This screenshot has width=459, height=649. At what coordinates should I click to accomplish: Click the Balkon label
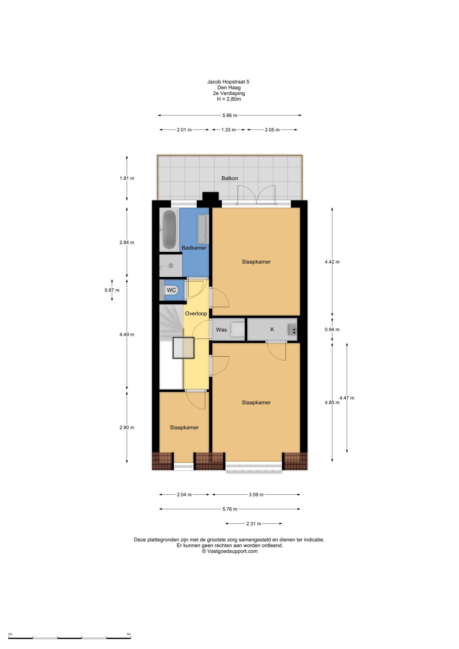(229, 178)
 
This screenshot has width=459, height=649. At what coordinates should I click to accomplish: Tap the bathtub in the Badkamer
(170, 229)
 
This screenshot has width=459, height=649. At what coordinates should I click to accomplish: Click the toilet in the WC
(171, 290)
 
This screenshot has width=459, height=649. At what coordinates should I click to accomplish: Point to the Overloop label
(196, 313)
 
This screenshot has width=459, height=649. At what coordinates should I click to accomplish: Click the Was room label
(221, 330)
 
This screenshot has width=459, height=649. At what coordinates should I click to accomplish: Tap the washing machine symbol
(237, 329)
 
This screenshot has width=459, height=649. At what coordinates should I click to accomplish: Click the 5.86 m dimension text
(229, 115)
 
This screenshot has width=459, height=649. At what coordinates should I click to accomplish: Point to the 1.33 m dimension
(229, 130)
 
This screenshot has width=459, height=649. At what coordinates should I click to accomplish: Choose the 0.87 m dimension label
(112, 290)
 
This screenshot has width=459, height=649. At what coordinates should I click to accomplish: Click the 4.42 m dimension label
(332, 262)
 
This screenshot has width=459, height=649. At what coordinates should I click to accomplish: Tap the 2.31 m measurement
(254, 524)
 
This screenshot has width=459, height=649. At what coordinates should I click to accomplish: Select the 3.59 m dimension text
(256, 494)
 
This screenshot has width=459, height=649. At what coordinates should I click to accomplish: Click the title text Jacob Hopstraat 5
(228, 82)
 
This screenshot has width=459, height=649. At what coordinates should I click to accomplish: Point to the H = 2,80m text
(229, 99)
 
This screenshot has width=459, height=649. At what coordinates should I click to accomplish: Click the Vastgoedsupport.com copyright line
(230, 551)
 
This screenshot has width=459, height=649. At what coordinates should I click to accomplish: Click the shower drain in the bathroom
(171, 266)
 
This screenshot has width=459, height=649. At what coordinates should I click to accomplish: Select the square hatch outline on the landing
(183, 348)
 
